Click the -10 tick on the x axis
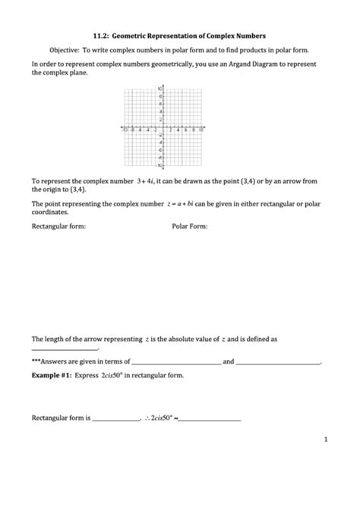[127, 131]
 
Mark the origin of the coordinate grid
[164, 128]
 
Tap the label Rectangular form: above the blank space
[58, 226]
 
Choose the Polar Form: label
[190, 226]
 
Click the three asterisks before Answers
[36, 362]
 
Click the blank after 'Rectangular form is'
[115, 418]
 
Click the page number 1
[325, 440]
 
